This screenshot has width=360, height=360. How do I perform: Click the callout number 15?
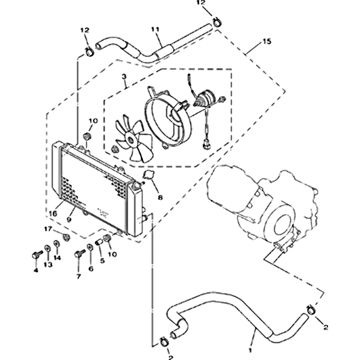(267, 42)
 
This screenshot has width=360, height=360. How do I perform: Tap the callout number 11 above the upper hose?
(155, 30)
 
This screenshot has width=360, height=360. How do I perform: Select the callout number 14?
(58, 257)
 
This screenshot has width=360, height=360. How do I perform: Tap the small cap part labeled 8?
(148, 175)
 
